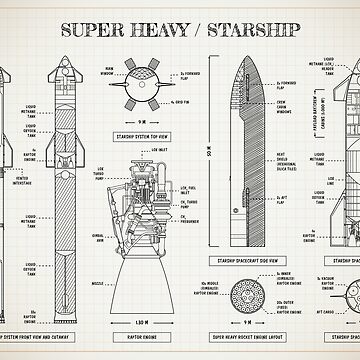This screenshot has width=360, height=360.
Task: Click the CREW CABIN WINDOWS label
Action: [x=284, y=108]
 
